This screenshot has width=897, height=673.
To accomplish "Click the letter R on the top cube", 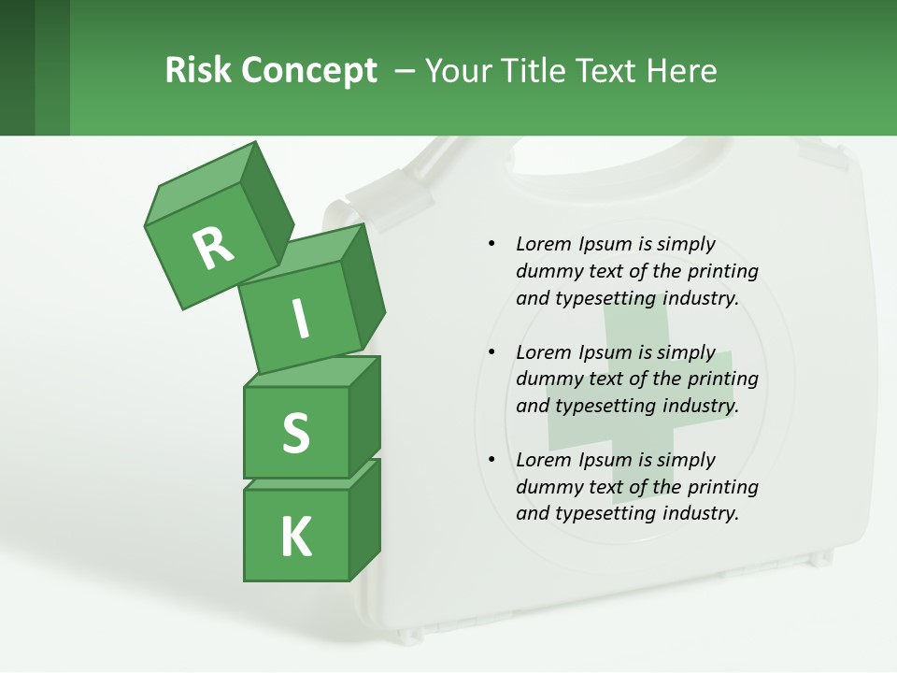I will [214, 248].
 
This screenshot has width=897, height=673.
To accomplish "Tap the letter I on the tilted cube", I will [301, 320].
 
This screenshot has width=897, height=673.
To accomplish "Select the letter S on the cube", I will [295, 433].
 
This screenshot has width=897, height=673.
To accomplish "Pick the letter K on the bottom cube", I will [295, 537].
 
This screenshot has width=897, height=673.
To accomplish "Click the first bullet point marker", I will [491, 244].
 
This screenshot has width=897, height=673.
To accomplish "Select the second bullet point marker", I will [491, 352].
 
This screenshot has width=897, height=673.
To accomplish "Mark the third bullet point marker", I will [491, 460].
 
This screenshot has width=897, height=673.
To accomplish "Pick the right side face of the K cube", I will [364, 519].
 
